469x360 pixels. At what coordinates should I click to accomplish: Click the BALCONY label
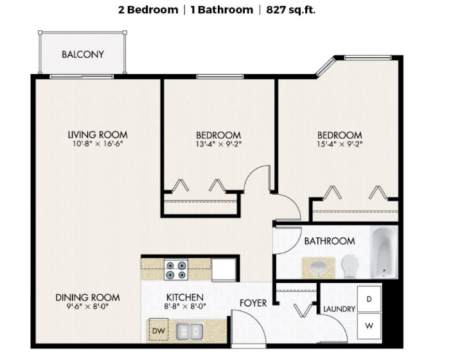click(x=83, y=55)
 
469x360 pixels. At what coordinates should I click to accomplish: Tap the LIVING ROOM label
click(x=98, y=134)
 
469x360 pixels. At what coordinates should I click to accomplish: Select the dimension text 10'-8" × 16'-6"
click(x=98, y=143)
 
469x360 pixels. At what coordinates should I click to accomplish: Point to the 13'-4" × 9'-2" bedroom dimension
click(x=218, y=144)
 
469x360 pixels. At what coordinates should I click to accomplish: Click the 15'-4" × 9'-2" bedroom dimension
click(x=340, y=144)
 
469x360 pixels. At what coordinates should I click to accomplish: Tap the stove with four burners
click(x=176, y=269)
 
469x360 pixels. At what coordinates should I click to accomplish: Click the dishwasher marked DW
click(x=159, y=330)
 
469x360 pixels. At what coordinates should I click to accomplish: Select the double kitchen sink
click(x=190, y=331)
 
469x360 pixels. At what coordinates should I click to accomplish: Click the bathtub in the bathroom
click(x=384, y=252)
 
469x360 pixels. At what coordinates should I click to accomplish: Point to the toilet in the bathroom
click(x=350, y=265)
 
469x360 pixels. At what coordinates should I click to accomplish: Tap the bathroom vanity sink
click(x=318, y=267)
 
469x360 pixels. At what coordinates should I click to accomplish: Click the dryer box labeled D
click(x=369, y=299)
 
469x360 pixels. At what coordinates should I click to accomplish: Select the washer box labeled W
click(x=369, y=326)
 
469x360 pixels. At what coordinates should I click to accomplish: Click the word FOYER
click(x=253, y=303)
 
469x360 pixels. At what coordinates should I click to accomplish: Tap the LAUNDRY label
click(x=339, y=309)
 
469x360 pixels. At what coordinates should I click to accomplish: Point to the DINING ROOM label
click(x=87, y=298)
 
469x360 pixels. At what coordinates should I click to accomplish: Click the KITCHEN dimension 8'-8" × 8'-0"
click(x=185, y=307)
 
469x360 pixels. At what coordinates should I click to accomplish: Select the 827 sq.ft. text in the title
click(x=291, y=10)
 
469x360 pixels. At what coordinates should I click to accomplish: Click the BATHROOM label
click(x=330, y=241)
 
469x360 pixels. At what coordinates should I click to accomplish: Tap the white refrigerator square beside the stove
click(x=224, y=270)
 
